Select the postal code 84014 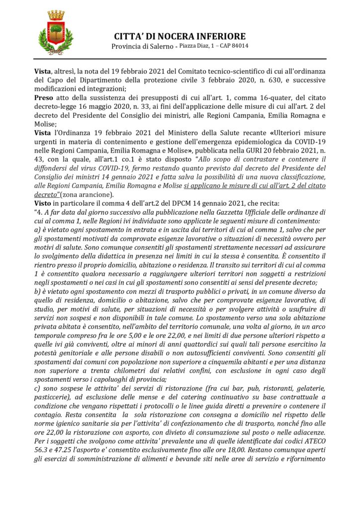239,46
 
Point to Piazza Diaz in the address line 196,46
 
